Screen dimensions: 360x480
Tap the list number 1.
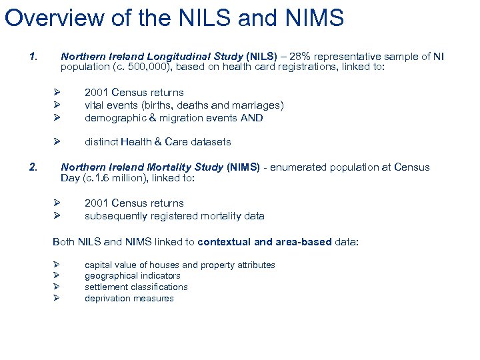click(x=34, y=57)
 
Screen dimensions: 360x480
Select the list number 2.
click(x=34, y=167)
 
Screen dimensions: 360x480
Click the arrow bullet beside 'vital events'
click(x=57, y=105)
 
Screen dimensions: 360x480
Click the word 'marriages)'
click(x=259, y=105)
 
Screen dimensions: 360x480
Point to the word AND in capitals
click(x=253, y=118)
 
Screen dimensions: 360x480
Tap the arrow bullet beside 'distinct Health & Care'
click(x=57, y=142)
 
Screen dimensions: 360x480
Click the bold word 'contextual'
click(x=223, y=242)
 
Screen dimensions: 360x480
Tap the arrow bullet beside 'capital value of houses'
click(x=57, y=265)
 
